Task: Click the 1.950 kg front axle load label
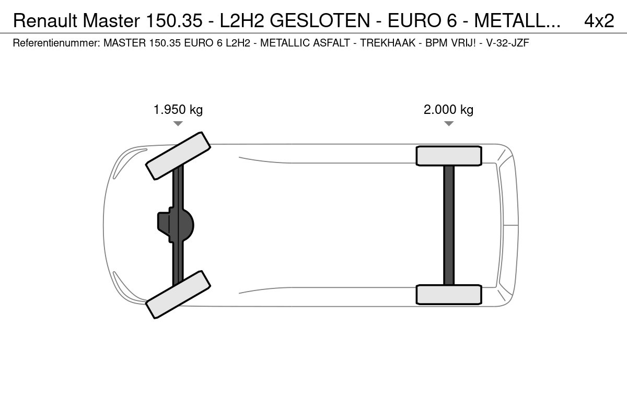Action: tap(178, 110)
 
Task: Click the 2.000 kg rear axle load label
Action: tap(448, 110)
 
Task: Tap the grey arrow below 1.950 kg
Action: tap(178, 123)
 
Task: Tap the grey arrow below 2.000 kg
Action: tap(449, 123)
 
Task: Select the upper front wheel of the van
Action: tap(178, 156)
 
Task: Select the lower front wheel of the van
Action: tap(178, 295)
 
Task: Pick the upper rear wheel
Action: tap(449, 156)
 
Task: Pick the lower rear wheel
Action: tap(449, 295)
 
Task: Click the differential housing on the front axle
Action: tap(176, 225)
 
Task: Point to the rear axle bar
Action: tap(449, 225)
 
